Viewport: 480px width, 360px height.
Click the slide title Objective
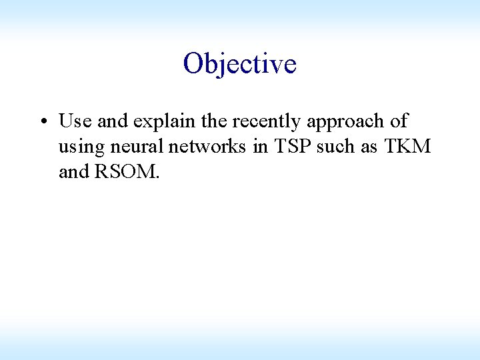239,64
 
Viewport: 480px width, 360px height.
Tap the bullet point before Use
42,122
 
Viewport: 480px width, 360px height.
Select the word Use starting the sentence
74,121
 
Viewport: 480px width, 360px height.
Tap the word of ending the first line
399,121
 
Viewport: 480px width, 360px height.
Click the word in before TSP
260,147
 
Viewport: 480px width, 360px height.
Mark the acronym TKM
407,147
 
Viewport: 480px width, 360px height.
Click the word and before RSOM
74,172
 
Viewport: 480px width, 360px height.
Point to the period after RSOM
157,178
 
